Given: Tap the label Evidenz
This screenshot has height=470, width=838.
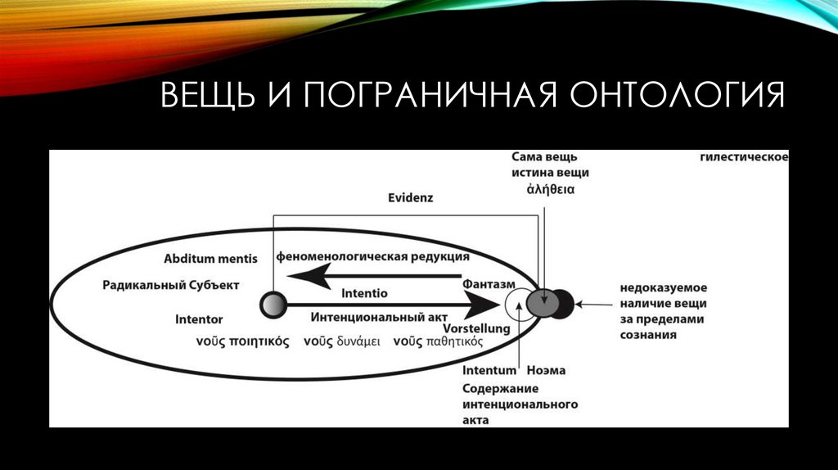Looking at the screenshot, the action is tap(410, 198).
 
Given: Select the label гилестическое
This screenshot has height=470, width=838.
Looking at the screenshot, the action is tap(744, 156).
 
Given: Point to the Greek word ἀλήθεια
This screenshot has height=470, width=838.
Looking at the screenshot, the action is tap(550, 188).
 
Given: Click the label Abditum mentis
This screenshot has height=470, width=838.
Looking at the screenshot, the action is tap(210, 259).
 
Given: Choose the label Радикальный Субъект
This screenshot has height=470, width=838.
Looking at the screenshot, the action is tap(171, 285).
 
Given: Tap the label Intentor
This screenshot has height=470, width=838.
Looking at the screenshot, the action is tap(199, 319).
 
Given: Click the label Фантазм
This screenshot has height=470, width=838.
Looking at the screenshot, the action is tap(489, 283).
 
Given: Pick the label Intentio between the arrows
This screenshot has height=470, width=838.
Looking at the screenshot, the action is tap(364, 293).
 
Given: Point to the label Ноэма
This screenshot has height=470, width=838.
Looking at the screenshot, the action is tap(546, 371).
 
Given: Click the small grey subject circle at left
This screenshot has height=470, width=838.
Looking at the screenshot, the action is tap(271, 305).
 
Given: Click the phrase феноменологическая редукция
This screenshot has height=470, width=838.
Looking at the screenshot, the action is tap(372, 256).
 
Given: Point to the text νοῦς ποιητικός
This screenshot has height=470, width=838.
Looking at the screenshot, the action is tap(243, 342).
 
